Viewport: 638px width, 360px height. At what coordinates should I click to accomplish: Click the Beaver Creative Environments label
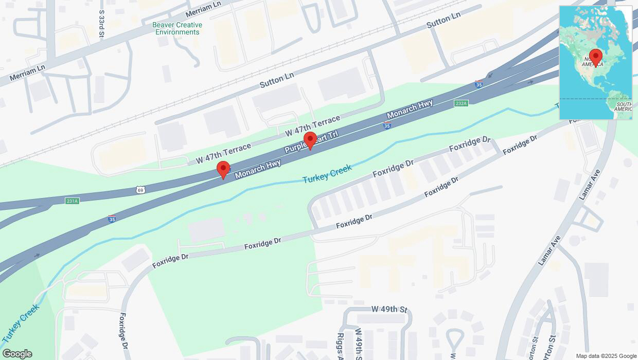tap(177, 28)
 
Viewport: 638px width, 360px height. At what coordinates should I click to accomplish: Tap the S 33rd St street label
tap(102, 23)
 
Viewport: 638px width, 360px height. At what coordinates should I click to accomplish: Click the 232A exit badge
tap(461, 103)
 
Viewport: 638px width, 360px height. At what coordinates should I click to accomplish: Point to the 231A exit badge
tap(72, 201)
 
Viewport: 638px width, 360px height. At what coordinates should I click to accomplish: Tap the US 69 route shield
tap(140, 190)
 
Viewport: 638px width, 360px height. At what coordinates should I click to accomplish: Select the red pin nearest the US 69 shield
tap(223, 169)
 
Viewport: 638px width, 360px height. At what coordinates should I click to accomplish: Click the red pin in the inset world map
tap(596, 57)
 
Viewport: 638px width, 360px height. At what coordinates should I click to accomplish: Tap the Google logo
tap(16, 354)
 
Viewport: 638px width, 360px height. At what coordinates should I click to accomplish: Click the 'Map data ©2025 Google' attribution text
tap(606, 356)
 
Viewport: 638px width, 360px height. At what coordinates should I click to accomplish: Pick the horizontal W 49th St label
tap(389, 310)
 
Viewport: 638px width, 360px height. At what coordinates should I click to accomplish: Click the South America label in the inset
tap(623, 106)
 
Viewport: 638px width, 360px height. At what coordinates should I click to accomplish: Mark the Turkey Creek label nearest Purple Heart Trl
tap(327, 174)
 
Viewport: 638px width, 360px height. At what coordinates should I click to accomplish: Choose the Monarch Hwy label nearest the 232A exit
tap(410, 110)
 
